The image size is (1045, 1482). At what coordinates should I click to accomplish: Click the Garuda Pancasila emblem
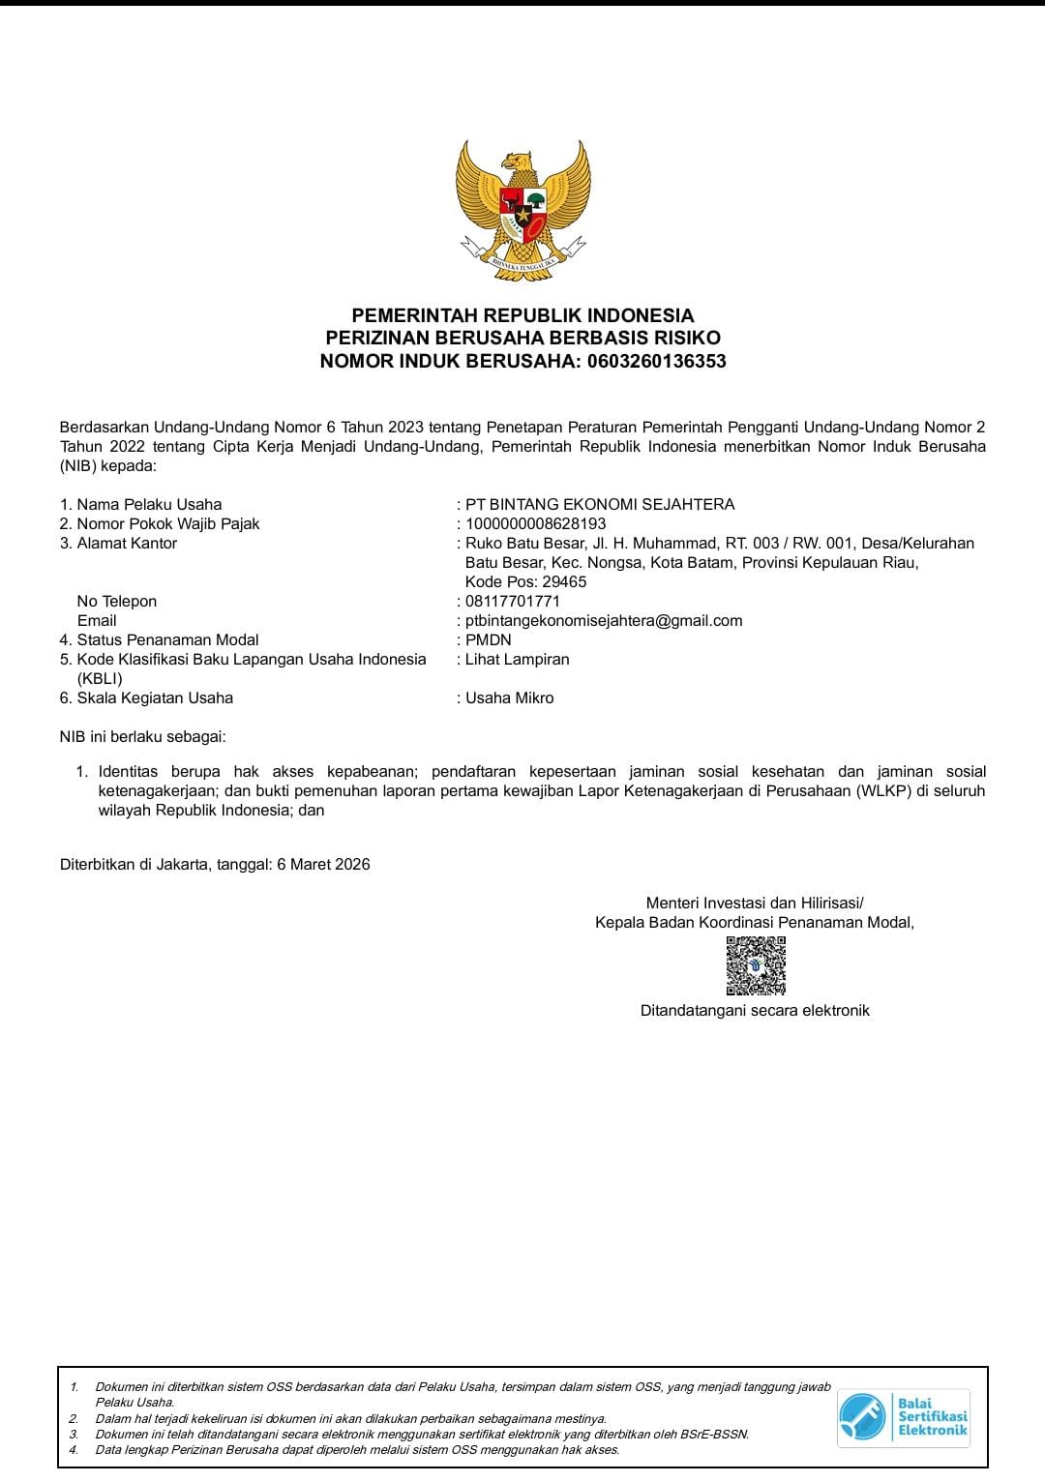tap(522, 211)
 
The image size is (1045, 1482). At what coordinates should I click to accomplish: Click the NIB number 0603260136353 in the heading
tap(656, 362)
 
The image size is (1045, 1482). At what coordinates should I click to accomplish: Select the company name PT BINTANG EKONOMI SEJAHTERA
tap(600, 504)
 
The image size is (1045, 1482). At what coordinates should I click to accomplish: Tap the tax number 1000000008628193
tap(535, 523)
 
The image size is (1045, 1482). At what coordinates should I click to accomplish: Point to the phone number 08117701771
tap(513, 601)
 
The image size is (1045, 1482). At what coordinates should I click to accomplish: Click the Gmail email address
tap(604, 620)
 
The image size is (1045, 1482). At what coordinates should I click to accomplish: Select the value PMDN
tap(489, 639)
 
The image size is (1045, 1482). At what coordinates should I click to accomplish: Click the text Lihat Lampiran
tap(518, 659)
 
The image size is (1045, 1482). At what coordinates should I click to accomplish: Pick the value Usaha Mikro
tap(510, 697)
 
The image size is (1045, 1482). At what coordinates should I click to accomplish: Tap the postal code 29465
tap(564, 581)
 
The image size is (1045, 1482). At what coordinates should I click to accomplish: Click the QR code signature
tap(756, 965)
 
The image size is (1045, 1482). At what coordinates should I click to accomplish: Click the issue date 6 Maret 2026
tap(323, 864)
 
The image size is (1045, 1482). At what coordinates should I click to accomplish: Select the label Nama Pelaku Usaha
tap(149, 504)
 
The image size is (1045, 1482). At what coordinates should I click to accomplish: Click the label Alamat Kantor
tap(127, 543)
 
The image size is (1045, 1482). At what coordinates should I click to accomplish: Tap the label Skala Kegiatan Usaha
tap(155, 697)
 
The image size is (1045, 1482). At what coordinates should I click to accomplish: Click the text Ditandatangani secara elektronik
tap(755, 1010)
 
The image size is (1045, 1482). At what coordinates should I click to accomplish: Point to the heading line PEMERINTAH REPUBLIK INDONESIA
tap(522, 315)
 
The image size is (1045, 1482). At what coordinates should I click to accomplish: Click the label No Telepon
tap(117, 601)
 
